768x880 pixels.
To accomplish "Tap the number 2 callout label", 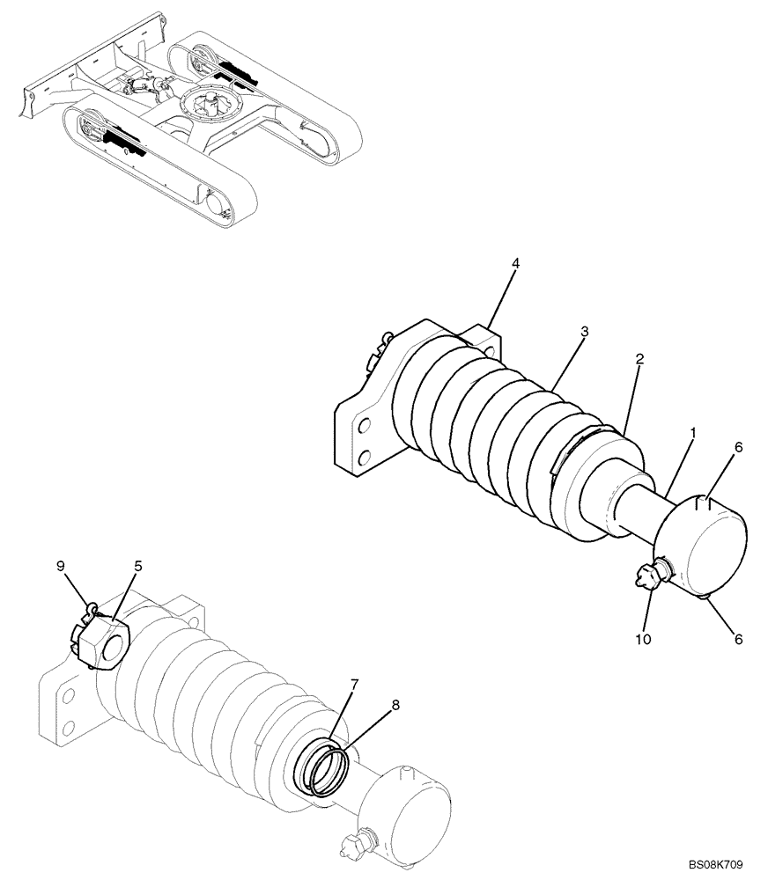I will (x=639, y=359).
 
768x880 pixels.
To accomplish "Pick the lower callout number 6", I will (x=738, y=640).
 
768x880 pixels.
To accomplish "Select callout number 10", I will (x=644, y=640).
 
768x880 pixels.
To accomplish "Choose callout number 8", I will (x=395, y=703).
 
